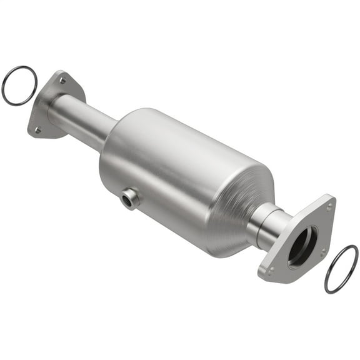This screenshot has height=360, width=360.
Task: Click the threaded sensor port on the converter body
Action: pos(129,199)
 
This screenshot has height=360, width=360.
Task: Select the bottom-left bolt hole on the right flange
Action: pos(270,270)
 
